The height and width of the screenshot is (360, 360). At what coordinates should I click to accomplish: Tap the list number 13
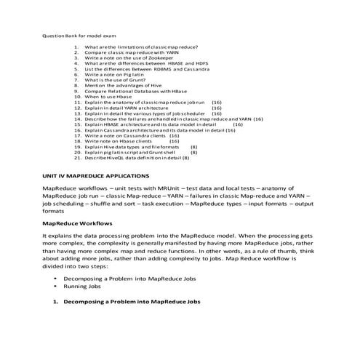tap(78, 114)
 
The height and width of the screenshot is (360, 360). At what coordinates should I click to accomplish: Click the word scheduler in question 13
tap(192, 114)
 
